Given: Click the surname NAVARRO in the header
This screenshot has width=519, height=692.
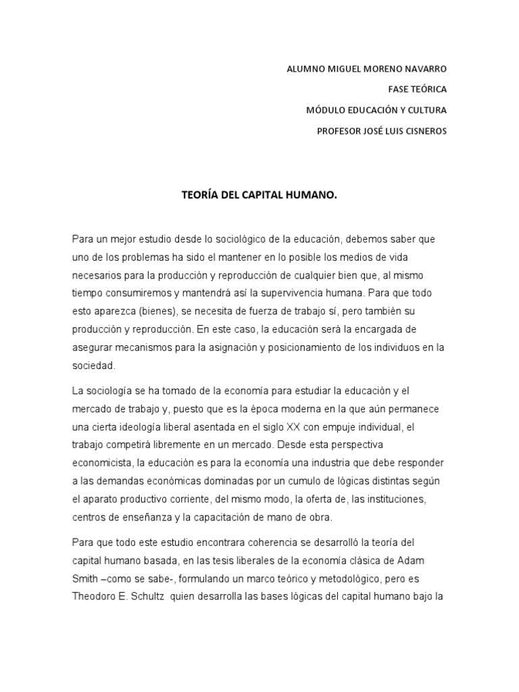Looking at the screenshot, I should (422, 69).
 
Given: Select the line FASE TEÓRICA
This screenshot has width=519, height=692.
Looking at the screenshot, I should (417, 89).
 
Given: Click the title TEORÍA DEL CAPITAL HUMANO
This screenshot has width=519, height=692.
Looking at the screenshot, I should (259, 195).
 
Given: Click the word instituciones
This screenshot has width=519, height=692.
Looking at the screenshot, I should (409, 499).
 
